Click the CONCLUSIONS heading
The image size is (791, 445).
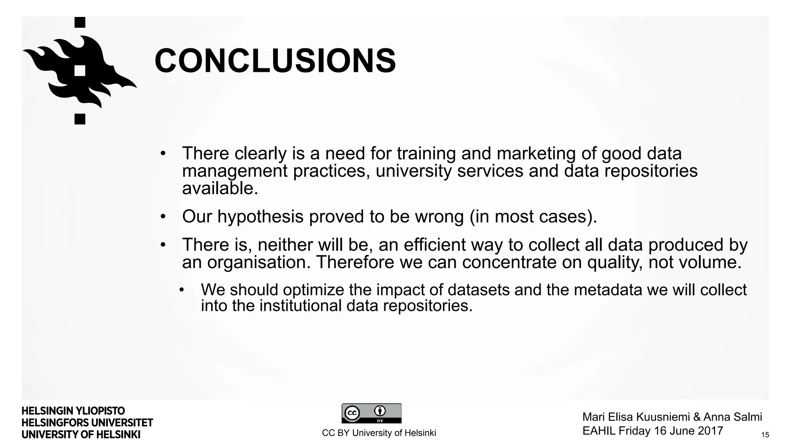click(275, 61)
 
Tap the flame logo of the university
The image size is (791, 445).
click(80, 71)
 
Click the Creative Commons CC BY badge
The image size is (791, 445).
click(371, 413)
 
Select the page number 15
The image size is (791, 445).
click(765, 435)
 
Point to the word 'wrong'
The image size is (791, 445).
click(439, 217)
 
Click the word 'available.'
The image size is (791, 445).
click(220, 189)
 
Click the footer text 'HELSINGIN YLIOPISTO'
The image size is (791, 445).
click(73, 411)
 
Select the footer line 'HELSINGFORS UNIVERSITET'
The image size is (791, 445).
click(87, 423)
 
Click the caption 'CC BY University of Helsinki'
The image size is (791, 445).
click(379, 433)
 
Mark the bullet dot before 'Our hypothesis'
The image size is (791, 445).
click(163, 217)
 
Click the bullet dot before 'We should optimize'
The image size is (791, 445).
click(182, 290)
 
